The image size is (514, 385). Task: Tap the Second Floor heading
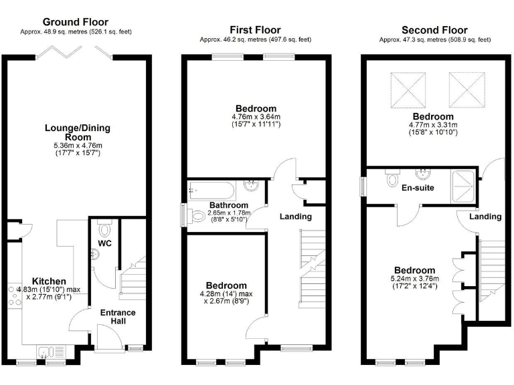click(434, 30)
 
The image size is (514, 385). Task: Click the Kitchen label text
click(50, 281)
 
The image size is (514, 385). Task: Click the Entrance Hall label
click(117, 317)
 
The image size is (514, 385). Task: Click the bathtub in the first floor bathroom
click(213, 186)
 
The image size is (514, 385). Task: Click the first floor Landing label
click(295, 217)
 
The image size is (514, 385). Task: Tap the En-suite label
click(418, 188)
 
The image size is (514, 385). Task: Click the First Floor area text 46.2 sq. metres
click(255, 39)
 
